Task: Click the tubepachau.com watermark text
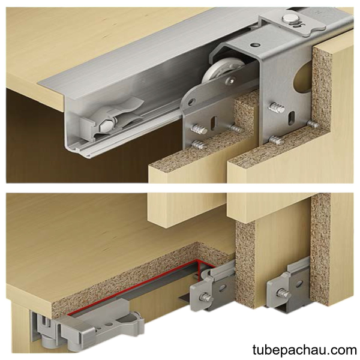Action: click(x=304, y=350)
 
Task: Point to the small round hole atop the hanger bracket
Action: click(x=255, y=45)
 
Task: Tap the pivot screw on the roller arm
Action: click(x=231, y=80)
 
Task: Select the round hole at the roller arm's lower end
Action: click(x=191, y=102)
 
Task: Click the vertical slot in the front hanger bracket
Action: click(x=214, y=123)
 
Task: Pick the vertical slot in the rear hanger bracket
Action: click(x=291, y=118)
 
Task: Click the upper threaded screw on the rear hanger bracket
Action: click(x=277, y=108)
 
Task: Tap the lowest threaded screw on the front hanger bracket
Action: click(x=197, y=145)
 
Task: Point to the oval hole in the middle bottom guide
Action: click(x=223, y=289)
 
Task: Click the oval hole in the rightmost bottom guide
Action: click(x=299, y=284)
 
